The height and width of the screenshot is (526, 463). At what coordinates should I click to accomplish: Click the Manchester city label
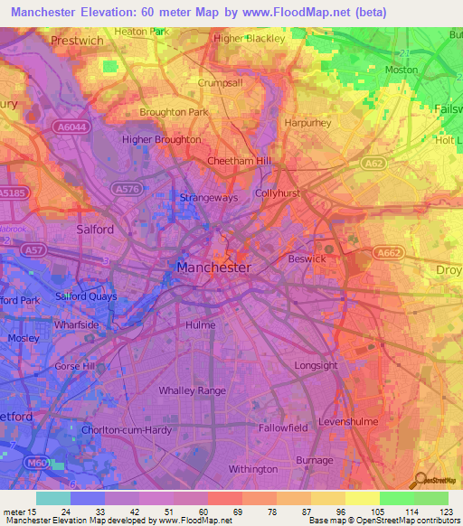213,268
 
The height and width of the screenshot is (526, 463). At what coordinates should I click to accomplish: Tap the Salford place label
95,230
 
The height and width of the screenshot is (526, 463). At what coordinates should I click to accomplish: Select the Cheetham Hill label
240,160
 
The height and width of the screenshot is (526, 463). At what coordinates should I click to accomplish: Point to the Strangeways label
208,197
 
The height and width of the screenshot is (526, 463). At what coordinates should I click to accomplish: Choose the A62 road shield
374,163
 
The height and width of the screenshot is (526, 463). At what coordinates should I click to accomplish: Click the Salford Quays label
87,296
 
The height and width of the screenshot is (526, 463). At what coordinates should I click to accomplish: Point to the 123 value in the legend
446,512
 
